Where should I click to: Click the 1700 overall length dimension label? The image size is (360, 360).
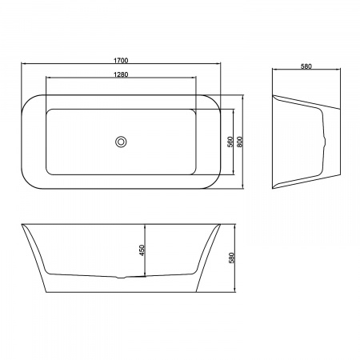click(121, 61)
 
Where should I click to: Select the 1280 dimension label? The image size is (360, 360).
click(121, 74)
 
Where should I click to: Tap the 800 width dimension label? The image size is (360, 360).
click(239, 142)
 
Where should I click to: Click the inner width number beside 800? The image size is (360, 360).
click(230, 142)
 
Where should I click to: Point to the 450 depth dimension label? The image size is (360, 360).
click(142, 250)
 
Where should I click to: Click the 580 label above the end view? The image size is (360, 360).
click(306, 66)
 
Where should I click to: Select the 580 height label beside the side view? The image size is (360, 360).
click(231, 258)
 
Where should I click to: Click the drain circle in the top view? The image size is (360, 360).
click(121, 142)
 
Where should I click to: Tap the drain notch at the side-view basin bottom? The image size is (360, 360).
click(122, 278)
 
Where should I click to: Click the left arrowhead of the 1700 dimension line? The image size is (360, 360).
click(23, 64)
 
